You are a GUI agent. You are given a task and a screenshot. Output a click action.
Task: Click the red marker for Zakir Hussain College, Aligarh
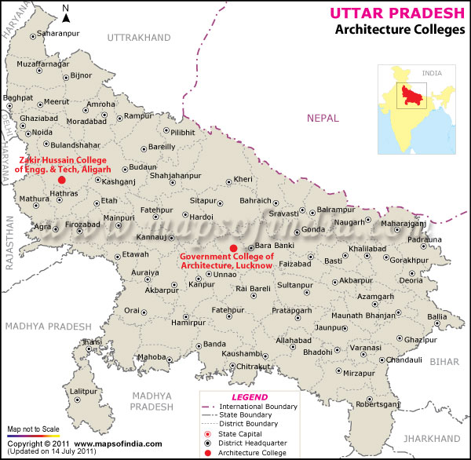(62, 180)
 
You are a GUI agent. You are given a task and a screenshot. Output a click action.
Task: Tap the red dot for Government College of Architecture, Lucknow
(232, 249)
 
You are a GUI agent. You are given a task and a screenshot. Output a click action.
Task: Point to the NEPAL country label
(323, 118)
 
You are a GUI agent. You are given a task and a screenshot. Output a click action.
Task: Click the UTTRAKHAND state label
(138, 38)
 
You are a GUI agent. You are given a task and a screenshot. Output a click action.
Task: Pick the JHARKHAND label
(437, 437)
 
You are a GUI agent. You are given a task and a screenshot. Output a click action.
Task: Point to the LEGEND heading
(250, 397)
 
